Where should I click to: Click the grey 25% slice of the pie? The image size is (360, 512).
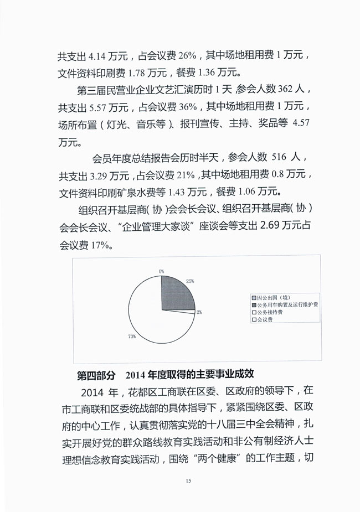tap(176, 293)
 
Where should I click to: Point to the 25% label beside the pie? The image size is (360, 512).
tap(190, 281)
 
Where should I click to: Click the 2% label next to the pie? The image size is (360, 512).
tap(199, 312)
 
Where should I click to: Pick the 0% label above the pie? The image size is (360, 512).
tap(161, 271)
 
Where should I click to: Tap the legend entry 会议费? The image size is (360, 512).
tap(264, 319)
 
